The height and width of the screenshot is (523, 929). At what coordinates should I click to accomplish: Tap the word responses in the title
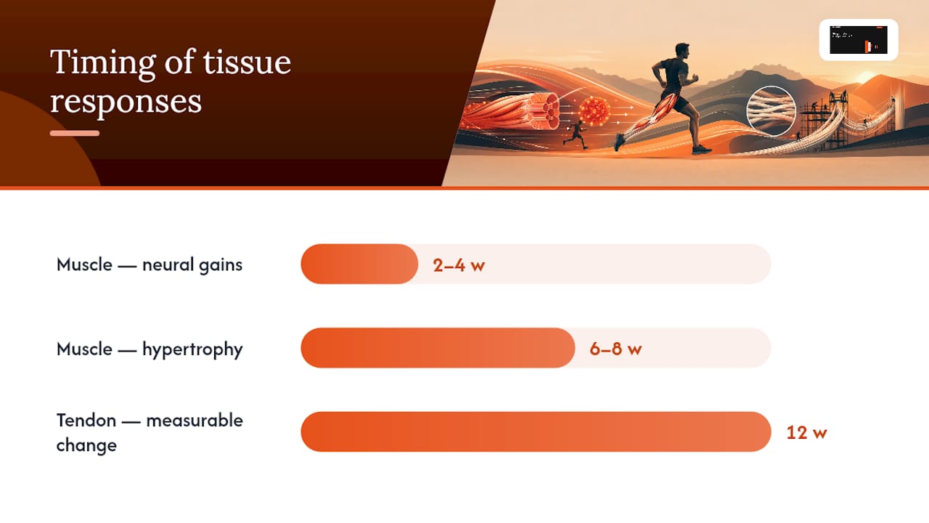pos(126,102)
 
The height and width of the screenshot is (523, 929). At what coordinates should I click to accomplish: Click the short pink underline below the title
pos(75,133)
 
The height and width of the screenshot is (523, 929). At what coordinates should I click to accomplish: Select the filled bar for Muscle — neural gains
pos(359,264)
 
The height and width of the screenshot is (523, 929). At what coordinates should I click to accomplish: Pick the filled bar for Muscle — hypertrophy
pos(438,348)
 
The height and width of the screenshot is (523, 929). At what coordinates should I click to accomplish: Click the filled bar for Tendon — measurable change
pos(536,431)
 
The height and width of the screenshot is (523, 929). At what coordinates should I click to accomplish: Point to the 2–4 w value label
pos(459,265)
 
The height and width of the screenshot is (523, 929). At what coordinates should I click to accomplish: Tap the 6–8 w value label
pos(615,349)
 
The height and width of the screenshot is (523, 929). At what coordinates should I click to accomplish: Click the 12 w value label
pos(806,433)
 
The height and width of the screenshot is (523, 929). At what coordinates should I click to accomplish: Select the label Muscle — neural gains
pos(150,265)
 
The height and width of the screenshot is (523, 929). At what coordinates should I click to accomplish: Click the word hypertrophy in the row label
pos(192,350)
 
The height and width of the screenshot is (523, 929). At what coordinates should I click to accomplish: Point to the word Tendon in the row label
pos(86,421)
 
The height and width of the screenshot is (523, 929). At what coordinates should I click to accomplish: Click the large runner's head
pos(683,51)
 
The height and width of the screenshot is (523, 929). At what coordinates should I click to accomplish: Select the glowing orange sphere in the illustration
pos(594,111)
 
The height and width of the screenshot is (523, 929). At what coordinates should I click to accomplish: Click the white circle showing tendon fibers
pos(771,111)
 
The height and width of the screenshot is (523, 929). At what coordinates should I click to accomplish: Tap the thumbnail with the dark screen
pos(859,40)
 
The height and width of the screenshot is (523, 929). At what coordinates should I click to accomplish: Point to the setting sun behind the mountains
pos(866,78)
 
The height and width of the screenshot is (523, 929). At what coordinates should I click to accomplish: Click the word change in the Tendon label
pos(86,446)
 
